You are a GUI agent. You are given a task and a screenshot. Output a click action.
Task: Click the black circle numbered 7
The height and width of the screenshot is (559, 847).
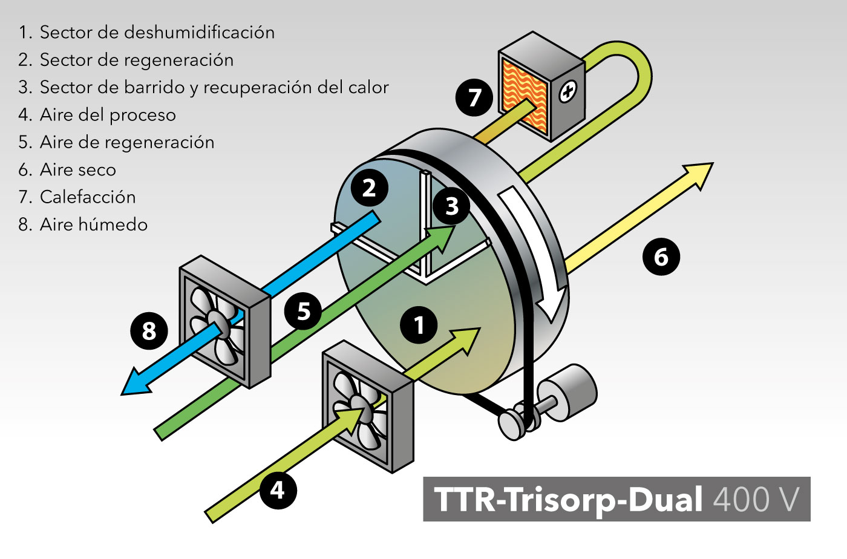click(x=474, y=97)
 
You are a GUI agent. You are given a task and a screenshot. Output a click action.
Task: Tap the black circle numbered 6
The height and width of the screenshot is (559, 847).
click(x=661, y=257)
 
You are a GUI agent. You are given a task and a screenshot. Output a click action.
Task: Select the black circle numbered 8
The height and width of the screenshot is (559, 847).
click(x=149, y=331)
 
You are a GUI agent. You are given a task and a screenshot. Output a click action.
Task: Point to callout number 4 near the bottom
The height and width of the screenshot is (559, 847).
click(x=278, y=489)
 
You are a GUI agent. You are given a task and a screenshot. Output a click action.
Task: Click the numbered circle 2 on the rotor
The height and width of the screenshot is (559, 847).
click(x=368, y=188)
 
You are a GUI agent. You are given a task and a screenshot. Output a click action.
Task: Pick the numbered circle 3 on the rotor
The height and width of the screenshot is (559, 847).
click(x=451, y=206)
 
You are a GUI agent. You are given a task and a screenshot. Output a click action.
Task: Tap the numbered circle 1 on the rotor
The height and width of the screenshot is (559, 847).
click(x=419, y=325)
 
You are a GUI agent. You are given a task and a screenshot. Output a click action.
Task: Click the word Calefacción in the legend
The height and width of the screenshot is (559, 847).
click(x=88, y=197)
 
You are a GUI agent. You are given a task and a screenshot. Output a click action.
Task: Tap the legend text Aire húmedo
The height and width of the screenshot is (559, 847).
click(x=94, y=224)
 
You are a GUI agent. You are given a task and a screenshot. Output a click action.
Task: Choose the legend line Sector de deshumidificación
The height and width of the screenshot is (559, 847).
click(x=157, y=32)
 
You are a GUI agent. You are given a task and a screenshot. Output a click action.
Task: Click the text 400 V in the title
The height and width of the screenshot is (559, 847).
click(x=756, y=499)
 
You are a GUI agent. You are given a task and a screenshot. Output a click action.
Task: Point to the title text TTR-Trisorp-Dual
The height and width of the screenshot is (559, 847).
click(x=569, y=499)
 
